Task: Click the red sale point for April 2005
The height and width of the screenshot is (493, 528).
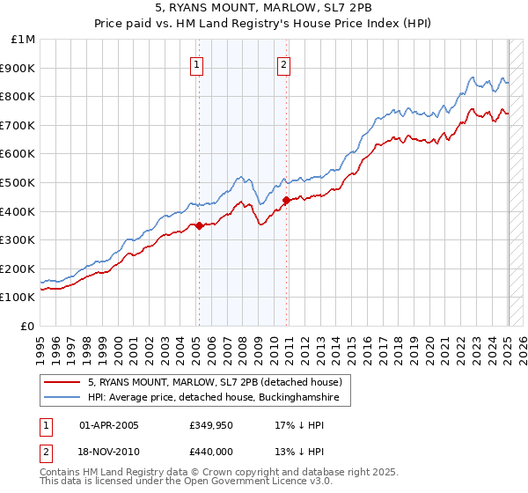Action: pyautogui.click(x=199, y=225)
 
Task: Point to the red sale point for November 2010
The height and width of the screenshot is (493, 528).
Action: pyautogui.click(x=286, y=200)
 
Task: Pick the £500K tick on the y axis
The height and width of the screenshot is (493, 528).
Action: pyautogui.click(x=19, y=183)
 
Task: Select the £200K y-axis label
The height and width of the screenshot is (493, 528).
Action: pyautogui.click(x=19, y=269)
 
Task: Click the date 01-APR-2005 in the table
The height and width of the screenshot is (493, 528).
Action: pyautogui.click(x=109, y=425)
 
